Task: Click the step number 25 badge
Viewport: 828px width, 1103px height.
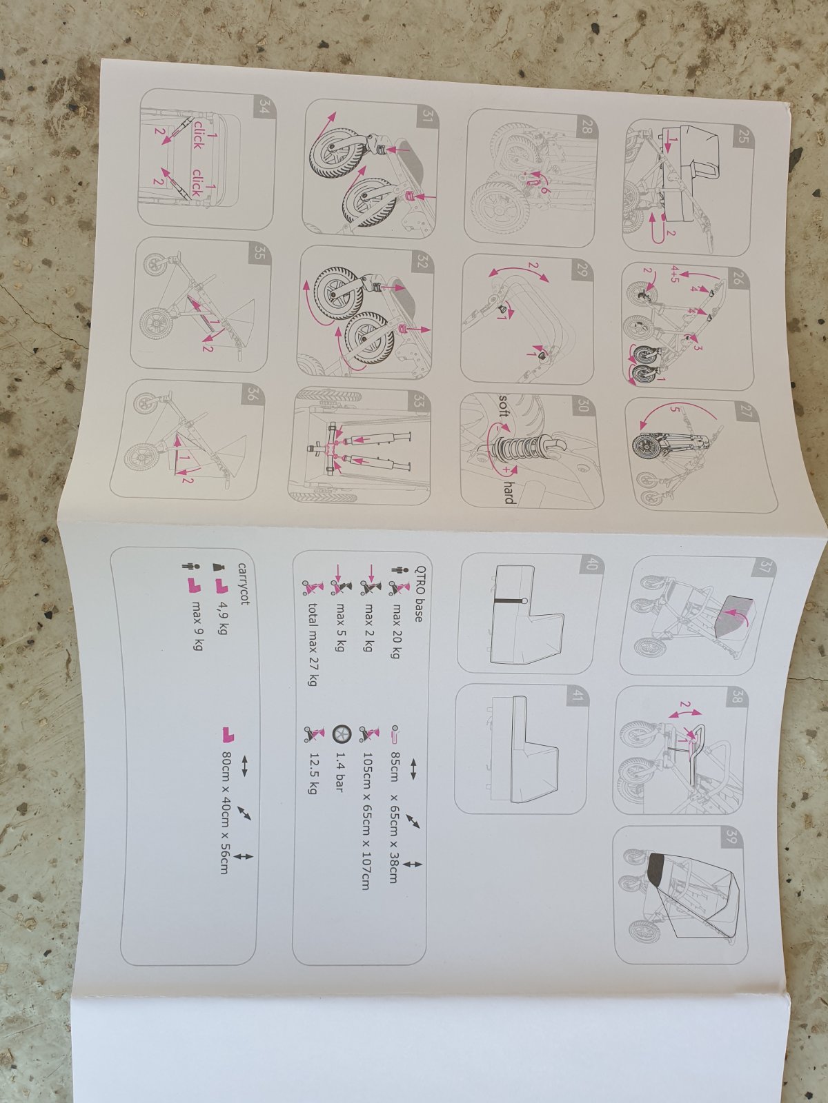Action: (x=742, y=137)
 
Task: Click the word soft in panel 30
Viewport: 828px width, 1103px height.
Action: (x=505, y=407)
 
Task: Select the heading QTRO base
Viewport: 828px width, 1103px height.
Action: (x=417, y=592)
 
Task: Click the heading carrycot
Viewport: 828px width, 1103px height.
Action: (x=244, y=583)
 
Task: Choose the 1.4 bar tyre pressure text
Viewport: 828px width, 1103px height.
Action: (x=339, y=772)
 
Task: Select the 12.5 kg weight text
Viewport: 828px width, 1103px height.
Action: (x=313, y=774)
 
